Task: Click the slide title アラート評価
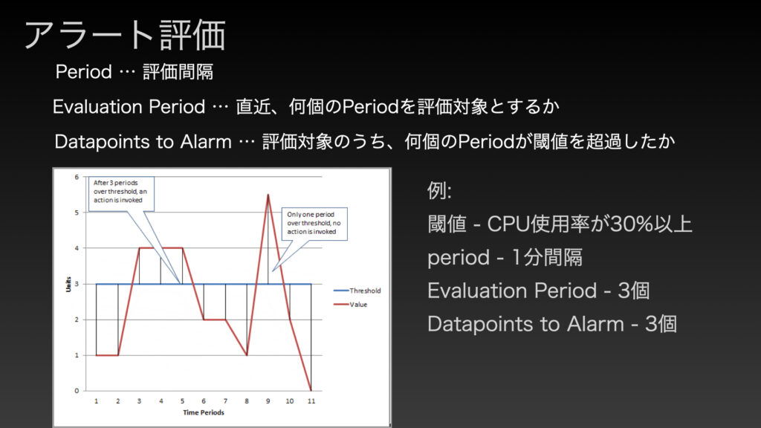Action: click(x=125, y=35)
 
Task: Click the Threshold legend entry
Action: click(x=357, y=291)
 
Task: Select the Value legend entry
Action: click(x=351, y=304)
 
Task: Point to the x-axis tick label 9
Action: click(x=268, y=401)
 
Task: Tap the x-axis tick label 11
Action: click(x=311, y=401)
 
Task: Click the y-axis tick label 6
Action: click(x=77, y=177)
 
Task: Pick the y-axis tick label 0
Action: click(x=77, y=391)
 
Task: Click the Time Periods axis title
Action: click(x=204, y=412)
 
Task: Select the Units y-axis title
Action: click(x=68, y=285)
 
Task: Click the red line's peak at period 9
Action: click(x=268, y=195)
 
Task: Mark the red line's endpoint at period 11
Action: click(x=311, y=390)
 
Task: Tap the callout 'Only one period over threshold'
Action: click(x=314, y=223)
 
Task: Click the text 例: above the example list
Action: click(x=439, y=190)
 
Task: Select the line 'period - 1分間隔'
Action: click(x=505, y=257)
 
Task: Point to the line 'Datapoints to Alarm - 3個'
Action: click(x=552, y=324)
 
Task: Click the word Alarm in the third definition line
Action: click(x=206, y=142)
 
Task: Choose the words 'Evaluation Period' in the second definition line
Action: click(x=129, y=107)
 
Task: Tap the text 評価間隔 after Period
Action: click(x=178, y=72)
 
